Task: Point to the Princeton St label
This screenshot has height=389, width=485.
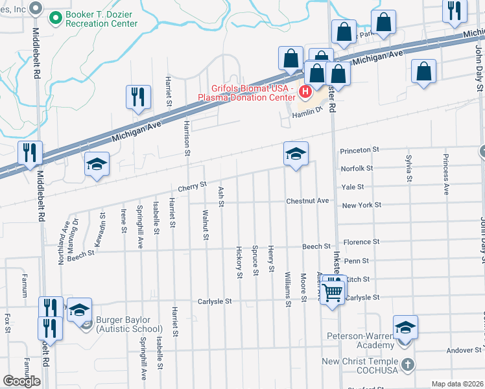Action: [x=360, y=150]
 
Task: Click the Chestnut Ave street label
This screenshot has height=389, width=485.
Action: [x=308, y=201]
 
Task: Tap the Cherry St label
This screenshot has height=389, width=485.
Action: [x=193, y=185]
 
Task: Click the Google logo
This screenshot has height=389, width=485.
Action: [x=21, y=381]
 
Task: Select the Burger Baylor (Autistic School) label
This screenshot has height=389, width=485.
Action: [x=128, y=325]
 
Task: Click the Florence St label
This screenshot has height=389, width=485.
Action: [x=361, y=242]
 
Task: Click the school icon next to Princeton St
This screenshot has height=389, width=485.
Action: [x=296, y=154]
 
